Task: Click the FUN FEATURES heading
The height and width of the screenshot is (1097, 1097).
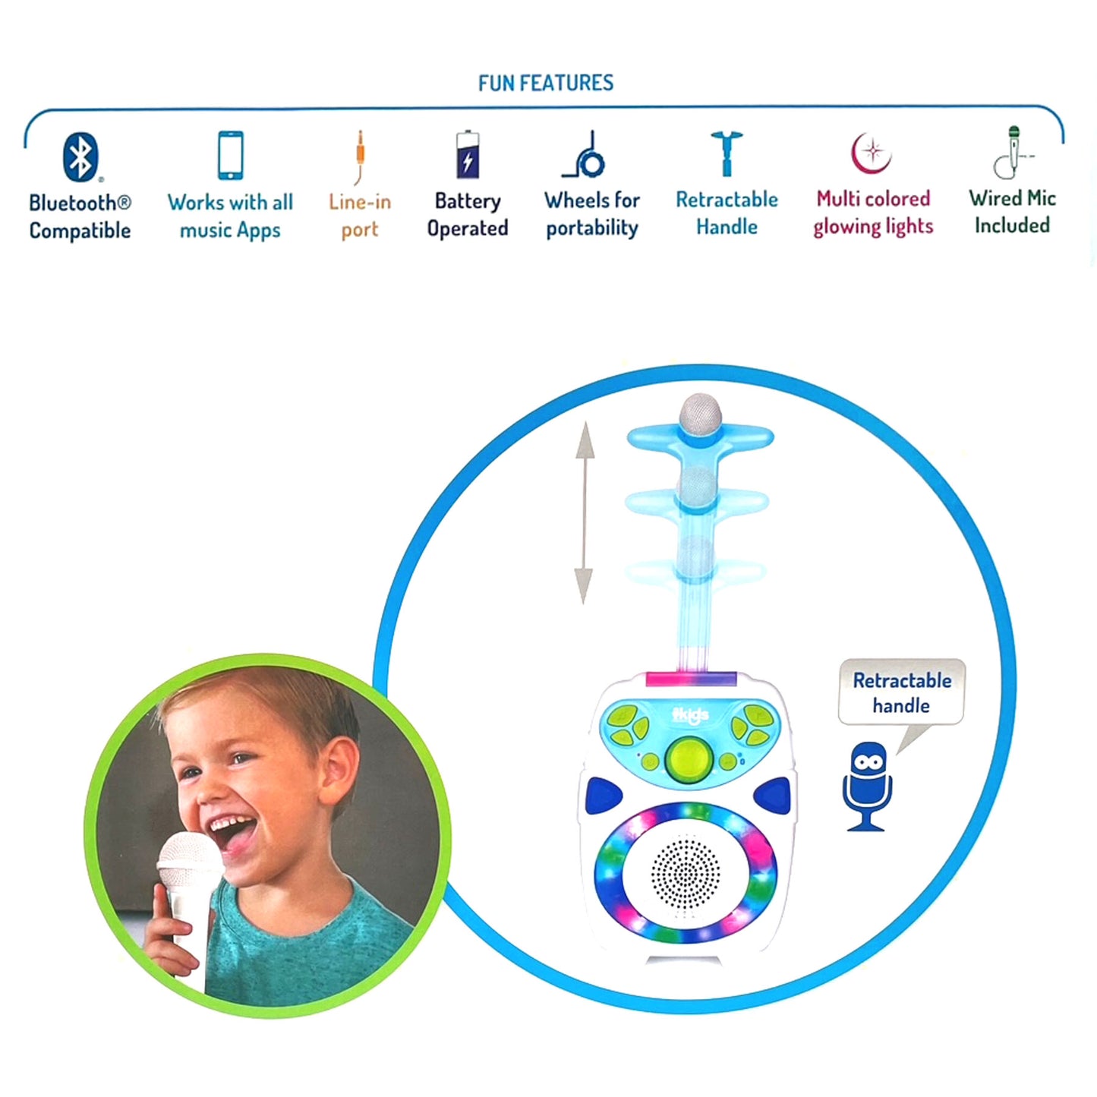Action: [x=546, y=83]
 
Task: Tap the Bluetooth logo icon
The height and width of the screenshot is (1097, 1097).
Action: [x=80, y=156]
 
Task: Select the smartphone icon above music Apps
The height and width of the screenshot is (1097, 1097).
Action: [x=231, y=155]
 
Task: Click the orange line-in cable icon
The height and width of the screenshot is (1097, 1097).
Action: [x=360, y=157]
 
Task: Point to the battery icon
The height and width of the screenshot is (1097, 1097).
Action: [x=468, y=155]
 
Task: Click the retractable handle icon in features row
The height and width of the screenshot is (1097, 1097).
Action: [x=727, y=153]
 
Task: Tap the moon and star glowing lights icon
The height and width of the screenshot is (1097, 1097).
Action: [x=871, y=153]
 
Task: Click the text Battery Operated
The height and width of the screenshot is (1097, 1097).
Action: [x=468, y=215]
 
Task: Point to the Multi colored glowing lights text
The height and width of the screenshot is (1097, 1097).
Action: [x=873, y=213]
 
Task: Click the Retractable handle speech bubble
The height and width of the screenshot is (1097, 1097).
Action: [x=901, y=693]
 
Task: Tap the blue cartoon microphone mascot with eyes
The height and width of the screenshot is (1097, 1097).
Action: [x=867, y=785]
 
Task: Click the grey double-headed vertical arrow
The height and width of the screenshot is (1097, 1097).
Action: [x=584, y=512]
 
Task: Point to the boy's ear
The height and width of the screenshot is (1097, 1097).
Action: [x=336, y=758]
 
